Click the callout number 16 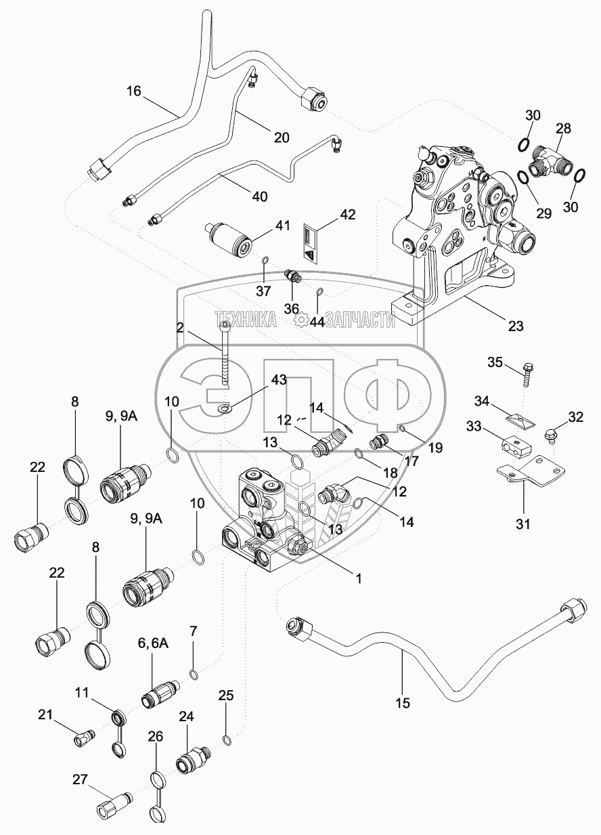coord(134,91)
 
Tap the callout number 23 coord(516,325)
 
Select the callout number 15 coord(402,702)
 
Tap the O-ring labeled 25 coord(225,738)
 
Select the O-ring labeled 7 coord(194,674)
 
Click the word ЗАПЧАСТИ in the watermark coord(359,320)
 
